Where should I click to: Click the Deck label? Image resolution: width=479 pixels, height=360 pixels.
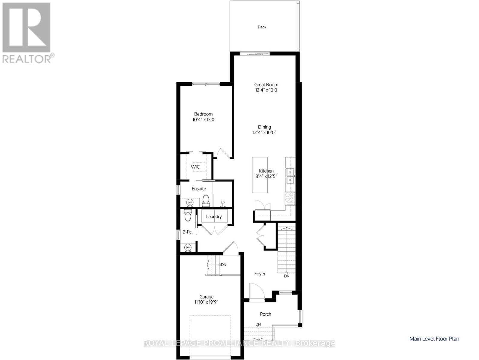(262, 27)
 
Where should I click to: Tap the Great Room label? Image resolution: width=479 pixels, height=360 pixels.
(266, 85)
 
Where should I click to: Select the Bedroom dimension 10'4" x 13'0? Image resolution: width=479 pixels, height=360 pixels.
(203, 119)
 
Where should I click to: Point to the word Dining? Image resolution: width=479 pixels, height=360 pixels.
(264, 127)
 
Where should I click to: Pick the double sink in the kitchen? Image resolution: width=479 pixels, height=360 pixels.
(290, 176)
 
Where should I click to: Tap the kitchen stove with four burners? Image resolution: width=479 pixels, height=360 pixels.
(290, 197)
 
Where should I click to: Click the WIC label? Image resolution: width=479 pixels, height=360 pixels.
(195, 167)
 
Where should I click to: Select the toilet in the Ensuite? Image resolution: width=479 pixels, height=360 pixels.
(206, 200)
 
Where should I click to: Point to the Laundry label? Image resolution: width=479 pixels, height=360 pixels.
(214, 217)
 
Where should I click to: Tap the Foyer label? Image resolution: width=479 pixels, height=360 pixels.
(260, 274)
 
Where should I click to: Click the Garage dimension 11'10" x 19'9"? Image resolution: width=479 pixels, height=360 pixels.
(206, 302)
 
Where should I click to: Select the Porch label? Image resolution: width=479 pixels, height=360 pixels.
(265, 314)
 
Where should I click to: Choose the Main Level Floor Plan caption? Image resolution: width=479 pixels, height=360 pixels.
(434, 339)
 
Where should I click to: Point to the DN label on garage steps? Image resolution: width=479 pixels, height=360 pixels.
(223, 265)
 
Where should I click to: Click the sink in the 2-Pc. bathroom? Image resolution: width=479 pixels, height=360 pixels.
(188, 247)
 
